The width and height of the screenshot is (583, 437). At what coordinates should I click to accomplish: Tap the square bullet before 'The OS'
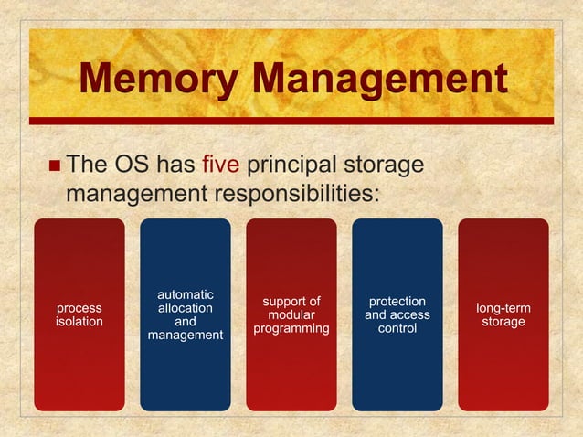55,167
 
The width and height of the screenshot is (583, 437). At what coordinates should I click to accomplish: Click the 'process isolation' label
79,314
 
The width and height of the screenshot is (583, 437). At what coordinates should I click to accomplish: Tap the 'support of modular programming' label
291,314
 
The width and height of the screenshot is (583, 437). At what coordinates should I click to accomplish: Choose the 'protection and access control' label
397,314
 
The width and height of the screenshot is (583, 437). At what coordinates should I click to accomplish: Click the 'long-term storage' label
503,314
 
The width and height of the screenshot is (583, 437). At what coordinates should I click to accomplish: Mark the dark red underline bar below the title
291,120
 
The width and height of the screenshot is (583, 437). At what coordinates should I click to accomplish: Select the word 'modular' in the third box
291,314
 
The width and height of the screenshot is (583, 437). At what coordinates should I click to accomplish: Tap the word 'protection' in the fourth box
397,301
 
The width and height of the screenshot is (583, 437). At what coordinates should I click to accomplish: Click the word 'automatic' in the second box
185,294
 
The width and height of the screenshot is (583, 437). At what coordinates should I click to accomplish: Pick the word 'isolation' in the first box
79,322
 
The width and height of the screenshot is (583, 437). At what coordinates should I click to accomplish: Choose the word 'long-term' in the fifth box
503,308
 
